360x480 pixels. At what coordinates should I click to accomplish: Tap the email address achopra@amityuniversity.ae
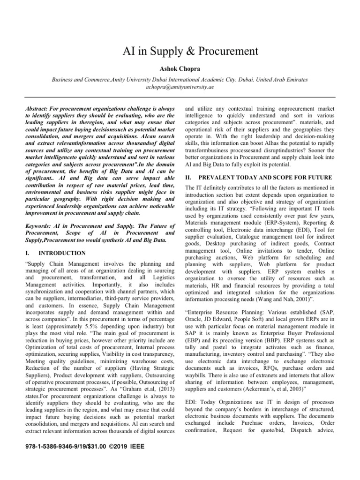click(180, 87)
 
